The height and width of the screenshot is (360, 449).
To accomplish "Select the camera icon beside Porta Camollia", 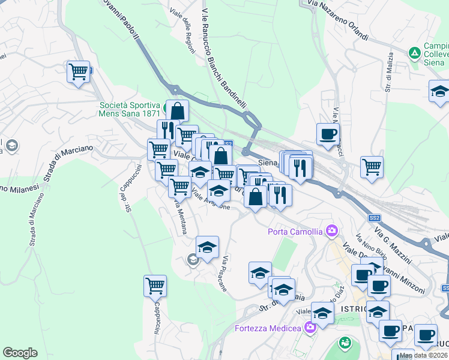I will (x=331, y=231).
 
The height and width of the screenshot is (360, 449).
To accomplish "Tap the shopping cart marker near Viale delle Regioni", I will (x=79, y=72).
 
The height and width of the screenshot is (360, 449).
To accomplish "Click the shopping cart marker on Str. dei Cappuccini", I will (x=155, y=285).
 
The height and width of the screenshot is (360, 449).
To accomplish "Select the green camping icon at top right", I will (x=414, y=53).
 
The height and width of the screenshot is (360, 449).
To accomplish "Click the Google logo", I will (x=20, y=353).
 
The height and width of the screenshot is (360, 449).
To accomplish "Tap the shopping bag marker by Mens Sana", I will (x=178, y=110).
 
